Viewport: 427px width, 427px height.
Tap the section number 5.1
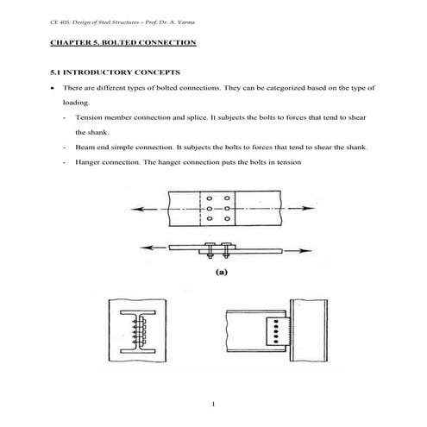(57, 72)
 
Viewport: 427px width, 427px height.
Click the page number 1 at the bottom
(212, 403)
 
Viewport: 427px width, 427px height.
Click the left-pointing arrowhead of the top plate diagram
(130, 210)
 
